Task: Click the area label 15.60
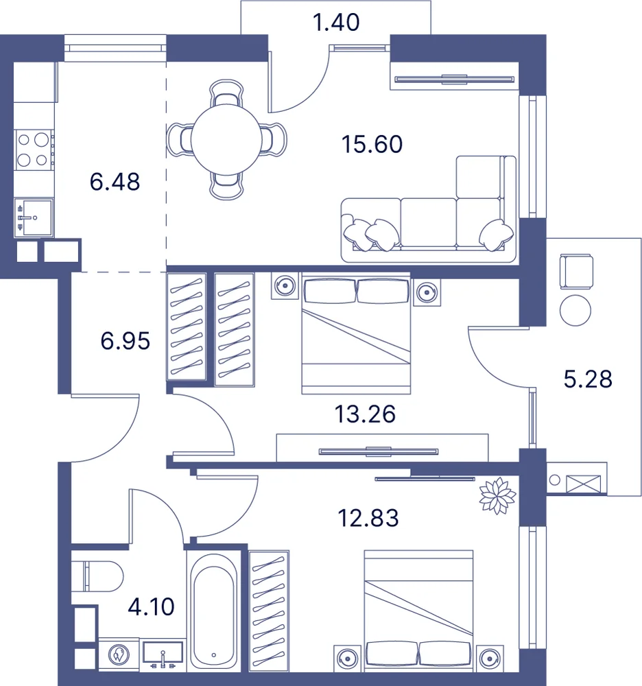coord(372,144)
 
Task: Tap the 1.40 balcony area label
coord(336,22)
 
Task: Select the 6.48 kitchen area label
coord(115,182)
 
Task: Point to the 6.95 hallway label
coord(125,340)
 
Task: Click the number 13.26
coord(365,414)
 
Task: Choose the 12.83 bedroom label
coord(368,518)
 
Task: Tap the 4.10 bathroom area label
coord(151,607)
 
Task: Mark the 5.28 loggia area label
coord(588,379)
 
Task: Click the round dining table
coord(226,139)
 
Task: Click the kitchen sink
coord(34,217)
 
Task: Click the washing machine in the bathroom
coord(119,655)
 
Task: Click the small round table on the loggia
coord(575,310)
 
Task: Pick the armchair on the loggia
coord(576,271)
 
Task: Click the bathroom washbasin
coord(163,656)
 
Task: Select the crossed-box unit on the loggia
coord(584,484)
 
